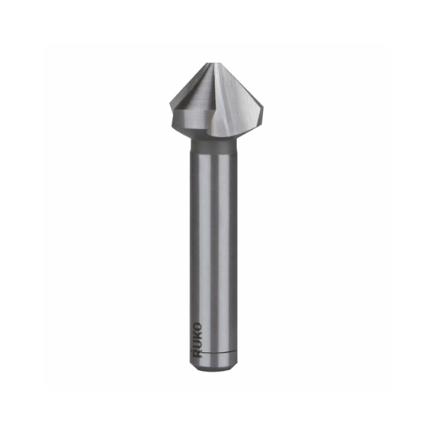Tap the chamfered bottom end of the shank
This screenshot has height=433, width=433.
[213, 363]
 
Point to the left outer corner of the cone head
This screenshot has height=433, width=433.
[171, 103]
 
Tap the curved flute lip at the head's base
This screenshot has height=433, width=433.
[228, 130]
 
